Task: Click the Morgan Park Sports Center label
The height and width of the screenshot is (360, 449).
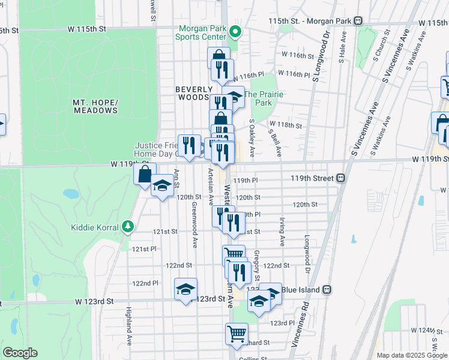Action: click(200, 32)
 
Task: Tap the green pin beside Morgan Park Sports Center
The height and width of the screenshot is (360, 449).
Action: click(235, 32)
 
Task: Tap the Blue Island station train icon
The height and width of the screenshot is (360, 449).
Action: click(327, 289)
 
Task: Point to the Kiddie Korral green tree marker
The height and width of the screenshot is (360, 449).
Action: click(127, 226)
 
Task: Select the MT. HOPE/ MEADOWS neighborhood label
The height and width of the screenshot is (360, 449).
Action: click(95, 106)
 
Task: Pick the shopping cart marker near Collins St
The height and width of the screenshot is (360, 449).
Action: click(237, 333)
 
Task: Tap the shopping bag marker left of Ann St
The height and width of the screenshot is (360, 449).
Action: click(145, 175)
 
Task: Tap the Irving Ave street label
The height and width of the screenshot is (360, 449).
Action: click(281, 232)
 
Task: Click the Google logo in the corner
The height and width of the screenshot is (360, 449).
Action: click(20, 353)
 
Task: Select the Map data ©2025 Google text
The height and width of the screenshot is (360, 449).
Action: click(412, 355)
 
